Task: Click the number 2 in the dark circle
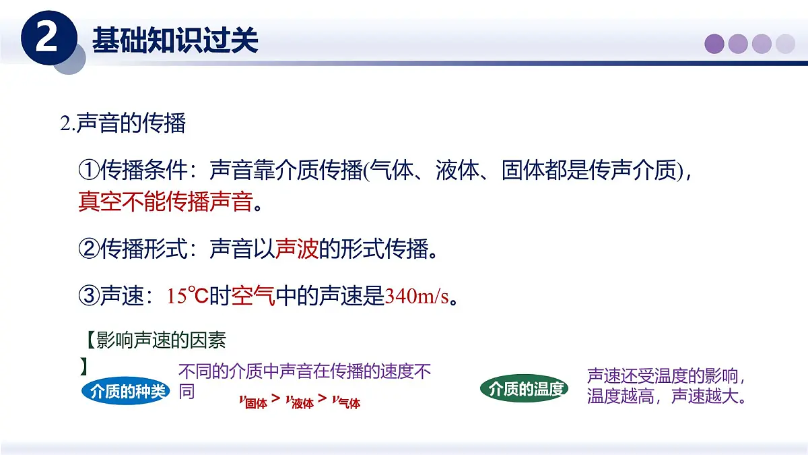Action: (x=46, y=38)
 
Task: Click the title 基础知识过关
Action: (x=175, y=40)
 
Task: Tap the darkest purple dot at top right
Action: (x=714, y=44)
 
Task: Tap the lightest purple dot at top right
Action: (x=785, y=44)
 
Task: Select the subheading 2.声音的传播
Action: (x=123, y=123)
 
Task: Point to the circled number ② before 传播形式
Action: (x=89, y=250)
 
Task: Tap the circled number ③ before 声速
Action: (x=89, y=295)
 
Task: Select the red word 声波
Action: (x=297, y=250)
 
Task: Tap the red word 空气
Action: (x=253, y=296)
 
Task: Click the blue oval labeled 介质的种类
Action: (x=127, y=391)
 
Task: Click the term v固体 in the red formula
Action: (x=253, y=402)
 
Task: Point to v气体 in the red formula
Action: (x=346, y=402)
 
